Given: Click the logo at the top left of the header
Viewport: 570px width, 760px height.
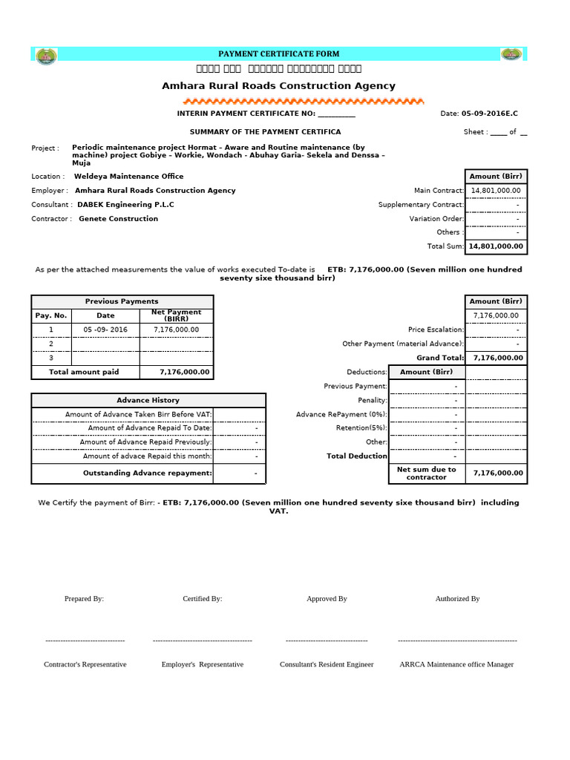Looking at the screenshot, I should [x=47, y=54].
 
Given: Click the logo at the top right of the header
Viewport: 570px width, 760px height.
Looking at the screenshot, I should [x=511, y=54].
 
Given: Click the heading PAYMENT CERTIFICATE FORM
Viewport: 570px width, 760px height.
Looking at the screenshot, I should [x=278, y=54].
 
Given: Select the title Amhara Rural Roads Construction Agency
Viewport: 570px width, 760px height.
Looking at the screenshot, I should [x=278, y=86].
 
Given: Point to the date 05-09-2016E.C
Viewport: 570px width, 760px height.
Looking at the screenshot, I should [x=489, y=114].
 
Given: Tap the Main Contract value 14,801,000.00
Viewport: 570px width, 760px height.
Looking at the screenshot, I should [x=496, y=191].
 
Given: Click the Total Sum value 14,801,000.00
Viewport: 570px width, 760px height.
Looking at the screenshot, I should [x=496, y=246].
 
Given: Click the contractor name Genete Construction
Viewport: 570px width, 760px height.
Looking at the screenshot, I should [x=118, y=219].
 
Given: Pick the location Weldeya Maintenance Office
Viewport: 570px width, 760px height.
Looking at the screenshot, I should [x=128, y=177].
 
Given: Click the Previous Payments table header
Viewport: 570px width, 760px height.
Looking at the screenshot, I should [x=122, y=301].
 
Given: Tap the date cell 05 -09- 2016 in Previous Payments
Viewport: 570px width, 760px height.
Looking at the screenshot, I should [x=105, y=330].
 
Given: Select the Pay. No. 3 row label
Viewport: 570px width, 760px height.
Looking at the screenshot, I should [x=51, y=358].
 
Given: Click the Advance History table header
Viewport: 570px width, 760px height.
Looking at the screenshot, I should [x=148, y=400].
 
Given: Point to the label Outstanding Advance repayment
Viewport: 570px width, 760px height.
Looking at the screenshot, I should [x=147, y=474].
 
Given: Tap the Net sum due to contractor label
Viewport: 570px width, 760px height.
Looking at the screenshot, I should [x=426, y=474].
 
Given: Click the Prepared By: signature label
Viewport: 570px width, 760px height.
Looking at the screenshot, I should [x=84, y=598].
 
